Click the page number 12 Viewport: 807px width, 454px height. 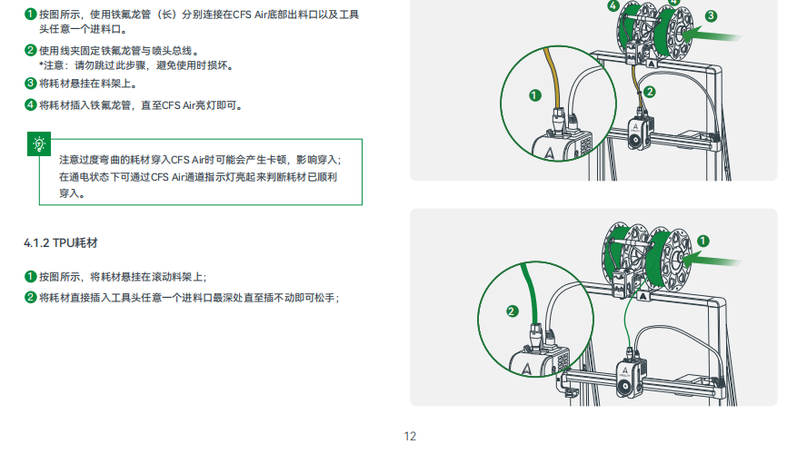(410, 437)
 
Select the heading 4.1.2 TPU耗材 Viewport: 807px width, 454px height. (61, 243)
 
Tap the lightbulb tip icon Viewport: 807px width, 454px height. (39, 144)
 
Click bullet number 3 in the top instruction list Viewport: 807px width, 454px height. (30, 84)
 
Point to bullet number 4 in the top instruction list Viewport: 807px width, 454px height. (30, 105)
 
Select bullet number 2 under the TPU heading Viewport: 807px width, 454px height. (30, 298)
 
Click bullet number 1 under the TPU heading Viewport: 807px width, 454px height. (30, 277)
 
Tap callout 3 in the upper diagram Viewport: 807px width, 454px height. (711, 16)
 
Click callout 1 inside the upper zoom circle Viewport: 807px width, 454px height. (535, 95)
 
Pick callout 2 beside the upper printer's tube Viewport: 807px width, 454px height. (650, 92)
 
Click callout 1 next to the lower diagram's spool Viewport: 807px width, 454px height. (703, 242)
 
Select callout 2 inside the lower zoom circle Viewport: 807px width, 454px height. (512, 311)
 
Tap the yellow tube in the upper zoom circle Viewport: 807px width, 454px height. (553, 78)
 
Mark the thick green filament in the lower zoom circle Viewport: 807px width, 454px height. (530, 293)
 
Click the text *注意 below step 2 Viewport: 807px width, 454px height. (52, 65)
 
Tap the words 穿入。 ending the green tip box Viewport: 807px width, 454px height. (72, 193)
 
